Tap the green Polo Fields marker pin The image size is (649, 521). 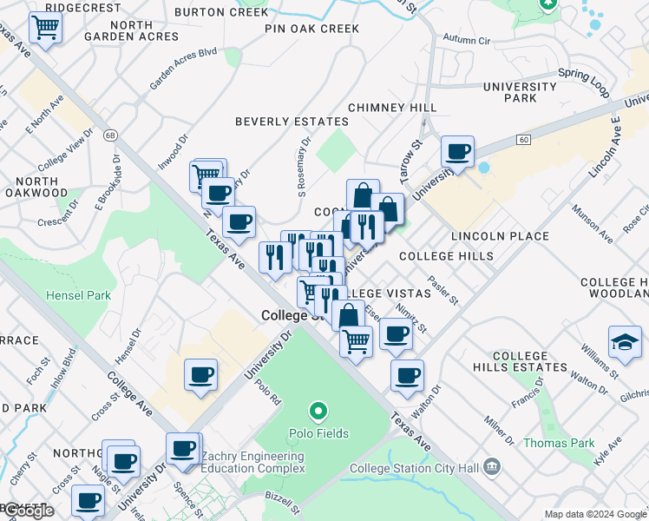(x=318, y=411)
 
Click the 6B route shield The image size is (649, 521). (x=110, y=135)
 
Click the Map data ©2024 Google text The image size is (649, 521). (x=594, y=514)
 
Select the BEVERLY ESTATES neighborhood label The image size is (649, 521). (x=292, y=122)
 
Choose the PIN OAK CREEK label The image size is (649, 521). (x=312, y=29)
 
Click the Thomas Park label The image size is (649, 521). (x=559, y=443)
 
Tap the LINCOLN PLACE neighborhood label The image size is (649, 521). (x=499, y=236)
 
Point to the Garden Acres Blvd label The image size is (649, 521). (x=182, y=69)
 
